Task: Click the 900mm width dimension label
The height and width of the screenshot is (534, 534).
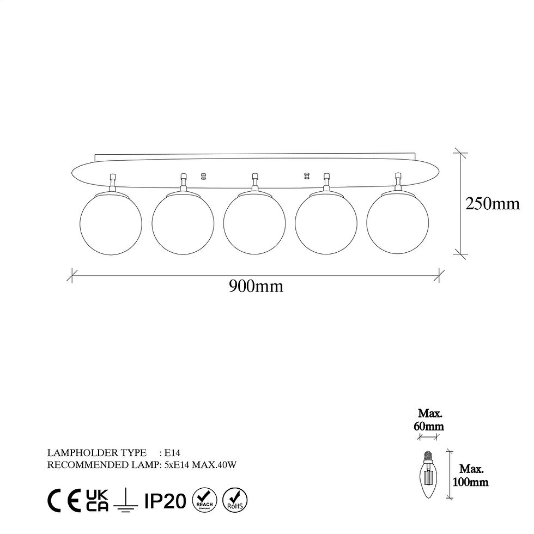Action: (x=256, y=287)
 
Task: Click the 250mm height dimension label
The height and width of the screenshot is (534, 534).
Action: (x=493, y=204)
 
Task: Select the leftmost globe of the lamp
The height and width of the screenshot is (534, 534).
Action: (x=111, y=223)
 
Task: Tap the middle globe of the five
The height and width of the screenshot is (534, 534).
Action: (x=254, y=223)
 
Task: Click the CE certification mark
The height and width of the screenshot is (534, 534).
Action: (x=64, y=500)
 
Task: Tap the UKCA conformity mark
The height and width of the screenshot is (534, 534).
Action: (x=97, y=500)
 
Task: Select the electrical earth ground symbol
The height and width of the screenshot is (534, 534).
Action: (x=126, y=501)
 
